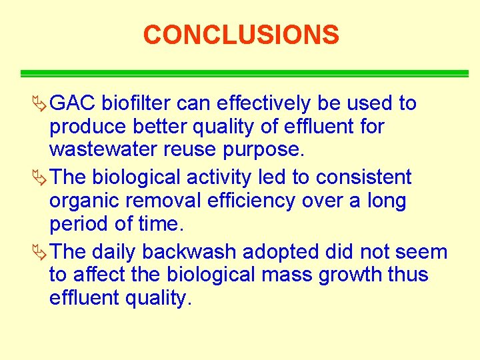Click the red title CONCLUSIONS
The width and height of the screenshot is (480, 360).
pos(241,35)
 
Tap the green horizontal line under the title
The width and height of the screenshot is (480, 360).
pos(244,73)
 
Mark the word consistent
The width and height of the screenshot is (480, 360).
pos(364,178)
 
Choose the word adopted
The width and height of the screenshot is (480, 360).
pos(273,253)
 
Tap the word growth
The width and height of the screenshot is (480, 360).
pos(349,275)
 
